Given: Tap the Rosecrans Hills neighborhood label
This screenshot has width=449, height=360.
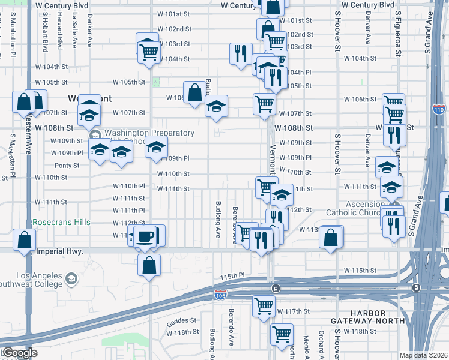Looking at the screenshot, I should click(x=61, y=223).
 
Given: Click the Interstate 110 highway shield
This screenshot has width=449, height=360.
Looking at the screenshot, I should click(x=439, y=109).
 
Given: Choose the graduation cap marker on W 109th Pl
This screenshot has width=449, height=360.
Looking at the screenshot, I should click(x=156, y=147).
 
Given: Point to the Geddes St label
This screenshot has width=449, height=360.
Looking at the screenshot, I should click(x=182, y=320).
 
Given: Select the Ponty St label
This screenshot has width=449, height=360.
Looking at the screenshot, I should click(x=67, y=166).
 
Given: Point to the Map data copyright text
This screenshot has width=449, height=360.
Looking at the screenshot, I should click(x=423, y=355).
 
